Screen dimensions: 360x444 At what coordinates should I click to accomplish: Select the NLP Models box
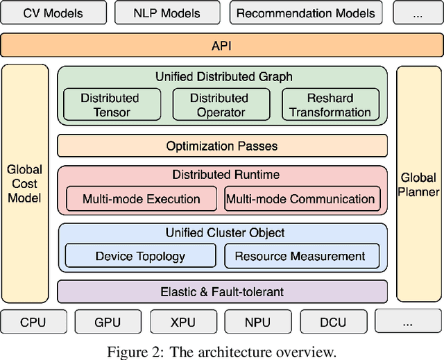(168, 12)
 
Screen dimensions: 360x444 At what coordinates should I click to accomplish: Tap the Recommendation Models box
(306, 12)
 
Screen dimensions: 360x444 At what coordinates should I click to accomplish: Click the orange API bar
(221, 46)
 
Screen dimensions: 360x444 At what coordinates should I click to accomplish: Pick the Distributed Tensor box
(110, 105)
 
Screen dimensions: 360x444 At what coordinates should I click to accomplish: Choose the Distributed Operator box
(219, 105)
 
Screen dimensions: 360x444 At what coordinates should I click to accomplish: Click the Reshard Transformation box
(330, 105)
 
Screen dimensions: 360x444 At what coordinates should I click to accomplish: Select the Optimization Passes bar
(221, 146)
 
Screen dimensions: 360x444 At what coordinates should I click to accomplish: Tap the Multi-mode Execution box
(141, 199)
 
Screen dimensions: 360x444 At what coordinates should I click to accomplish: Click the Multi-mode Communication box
(302, 199)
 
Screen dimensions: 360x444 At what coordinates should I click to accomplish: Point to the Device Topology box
(140, 256)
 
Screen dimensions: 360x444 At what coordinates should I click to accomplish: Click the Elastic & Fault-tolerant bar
(221, 292)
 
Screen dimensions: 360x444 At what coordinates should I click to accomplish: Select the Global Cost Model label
(24, 184)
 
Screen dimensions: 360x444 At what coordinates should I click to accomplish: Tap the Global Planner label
(419, 184)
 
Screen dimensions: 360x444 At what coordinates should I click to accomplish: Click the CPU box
(33, 322)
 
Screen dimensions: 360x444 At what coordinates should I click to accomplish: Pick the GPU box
(108, 322)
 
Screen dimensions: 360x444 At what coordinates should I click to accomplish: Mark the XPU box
(182, 322)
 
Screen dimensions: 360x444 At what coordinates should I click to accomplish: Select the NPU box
(257, 322)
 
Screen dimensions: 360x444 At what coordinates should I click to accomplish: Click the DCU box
(332, 322)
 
